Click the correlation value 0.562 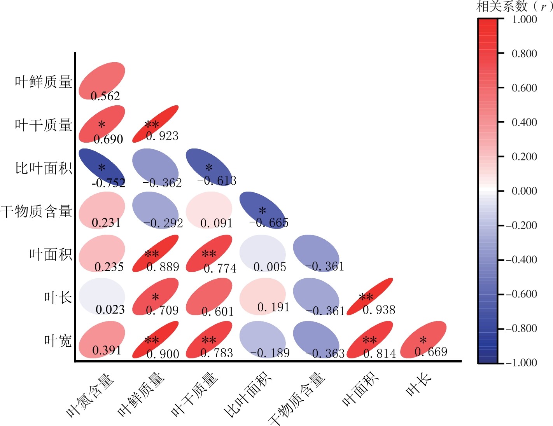click(105, 96)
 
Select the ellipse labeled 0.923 click(156, 124)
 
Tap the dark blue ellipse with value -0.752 click(102, 167)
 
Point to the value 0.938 click(379, 310)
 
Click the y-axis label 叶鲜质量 click(44, 82)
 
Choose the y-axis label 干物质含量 click(36, 211)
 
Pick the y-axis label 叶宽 click(58, 341)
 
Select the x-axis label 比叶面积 click(247, 395)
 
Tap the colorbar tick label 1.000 click(524, 19)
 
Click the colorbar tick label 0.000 click(524, 191)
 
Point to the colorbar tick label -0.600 click(521, 294)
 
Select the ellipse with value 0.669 click(423, 339)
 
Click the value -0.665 click(269, 223)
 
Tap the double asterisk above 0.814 click(369, 340)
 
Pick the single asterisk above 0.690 click(101, 125)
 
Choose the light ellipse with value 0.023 click(102, 296)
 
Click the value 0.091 click(216, 223)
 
